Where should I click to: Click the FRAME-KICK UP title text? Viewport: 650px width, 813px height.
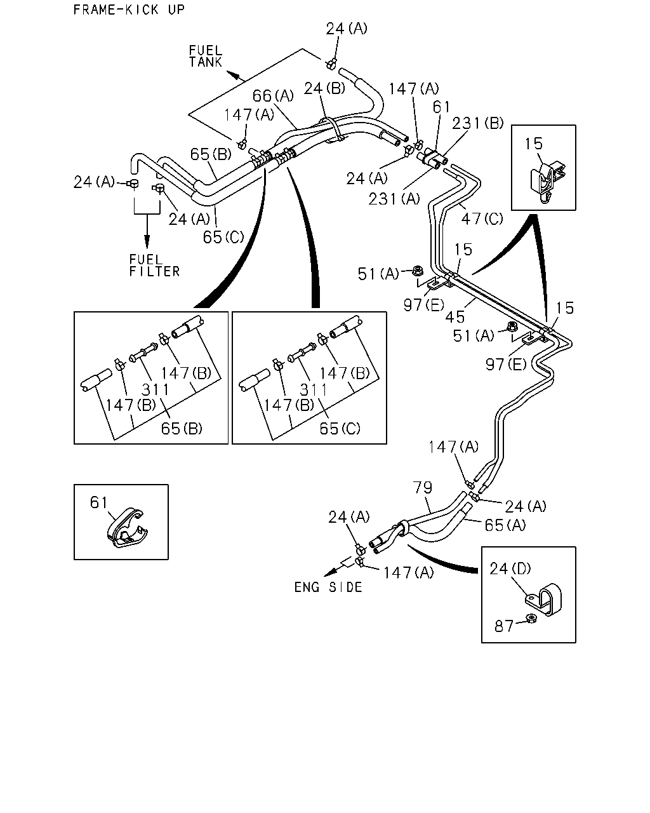129,10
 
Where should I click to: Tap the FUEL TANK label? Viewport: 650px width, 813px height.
206,57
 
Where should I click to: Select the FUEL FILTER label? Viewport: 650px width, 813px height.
154,265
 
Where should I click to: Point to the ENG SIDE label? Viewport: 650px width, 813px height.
328,587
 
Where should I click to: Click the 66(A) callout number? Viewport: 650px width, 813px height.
273,95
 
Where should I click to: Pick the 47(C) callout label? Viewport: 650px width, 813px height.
482,218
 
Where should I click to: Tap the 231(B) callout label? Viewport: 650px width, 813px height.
478,123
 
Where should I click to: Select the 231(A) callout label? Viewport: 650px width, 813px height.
394,198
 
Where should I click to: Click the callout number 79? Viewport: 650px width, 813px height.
422,487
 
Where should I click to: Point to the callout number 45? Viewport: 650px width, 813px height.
454,317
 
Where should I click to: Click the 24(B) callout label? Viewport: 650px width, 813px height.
324,88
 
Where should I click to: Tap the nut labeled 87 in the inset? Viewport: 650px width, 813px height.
531,619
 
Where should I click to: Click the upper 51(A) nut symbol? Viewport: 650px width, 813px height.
418,271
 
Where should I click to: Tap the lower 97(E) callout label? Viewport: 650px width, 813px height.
506,364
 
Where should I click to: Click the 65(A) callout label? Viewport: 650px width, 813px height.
505,525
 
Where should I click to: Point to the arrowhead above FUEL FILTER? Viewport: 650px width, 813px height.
147,240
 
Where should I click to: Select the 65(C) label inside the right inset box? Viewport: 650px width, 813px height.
340,428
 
